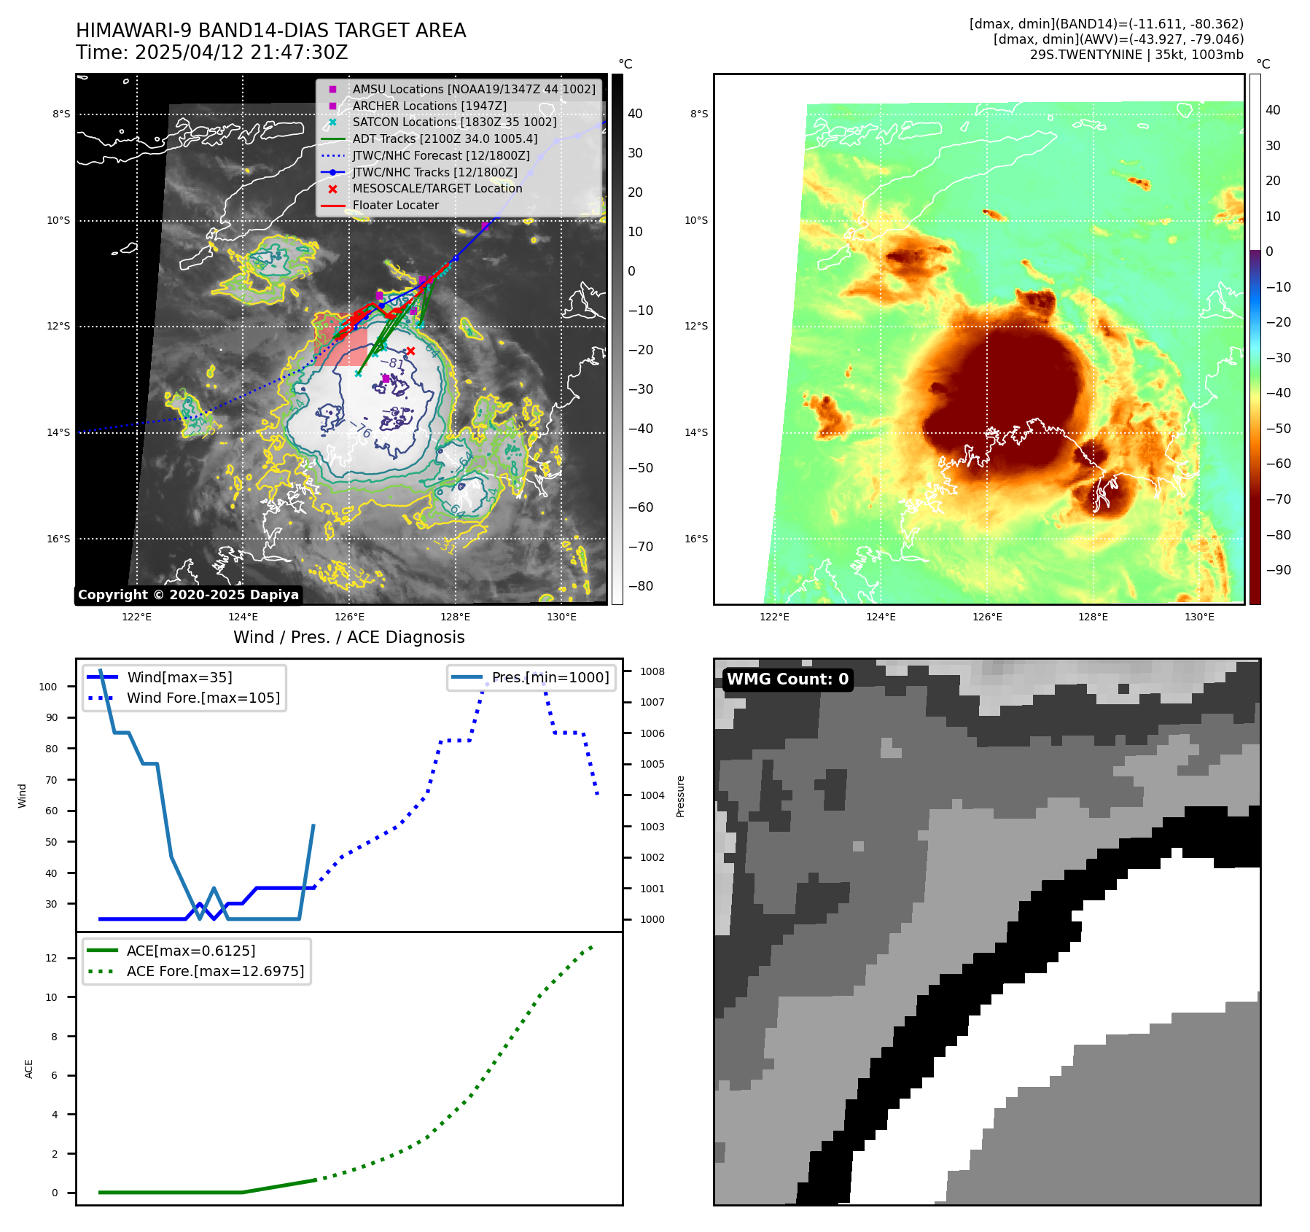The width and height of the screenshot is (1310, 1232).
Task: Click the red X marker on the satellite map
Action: point(410,351)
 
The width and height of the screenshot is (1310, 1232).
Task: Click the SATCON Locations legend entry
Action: point(454,122)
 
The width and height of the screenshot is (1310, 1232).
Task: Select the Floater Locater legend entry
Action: point(396,206)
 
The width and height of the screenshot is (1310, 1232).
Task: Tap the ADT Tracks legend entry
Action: point(445,139)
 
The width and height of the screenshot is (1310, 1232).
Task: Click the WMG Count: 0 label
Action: point(787,679)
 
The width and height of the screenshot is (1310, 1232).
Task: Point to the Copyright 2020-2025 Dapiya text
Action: point(188,595)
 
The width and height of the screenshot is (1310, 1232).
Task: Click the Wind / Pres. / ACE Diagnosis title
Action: point(348,637)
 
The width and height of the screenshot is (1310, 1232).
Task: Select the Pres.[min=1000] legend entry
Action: point(550,677)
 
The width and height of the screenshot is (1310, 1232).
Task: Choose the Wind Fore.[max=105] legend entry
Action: point(203,698)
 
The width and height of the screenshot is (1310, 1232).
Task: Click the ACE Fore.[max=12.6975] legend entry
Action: point(215,971)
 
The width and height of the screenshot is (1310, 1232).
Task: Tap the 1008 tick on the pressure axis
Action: point(652,671)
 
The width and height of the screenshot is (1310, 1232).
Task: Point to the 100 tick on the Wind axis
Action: point(48,687)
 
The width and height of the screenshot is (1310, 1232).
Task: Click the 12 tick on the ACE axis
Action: point(51,958)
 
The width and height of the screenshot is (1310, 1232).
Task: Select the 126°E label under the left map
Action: point(349,617)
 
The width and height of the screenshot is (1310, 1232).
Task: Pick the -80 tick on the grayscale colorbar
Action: point(641,586)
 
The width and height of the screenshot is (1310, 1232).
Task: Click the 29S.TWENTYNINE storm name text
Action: point(1085,55)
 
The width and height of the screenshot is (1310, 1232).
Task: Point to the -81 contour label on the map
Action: point(392,362)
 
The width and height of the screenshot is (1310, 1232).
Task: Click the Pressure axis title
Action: point(680,796)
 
